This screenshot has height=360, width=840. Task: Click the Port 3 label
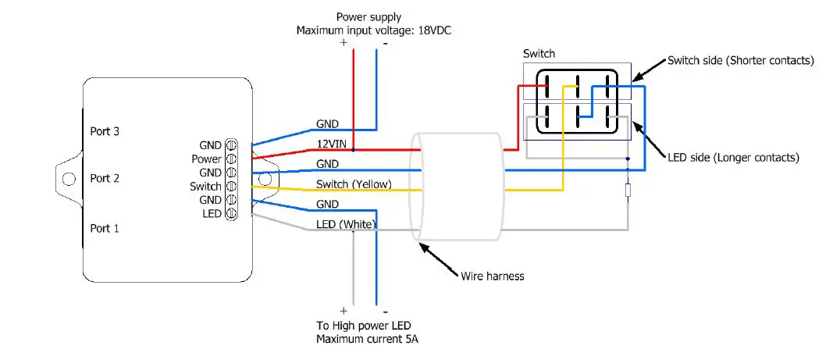coord(105,132)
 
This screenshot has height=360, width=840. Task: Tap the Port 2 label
coord(105,179)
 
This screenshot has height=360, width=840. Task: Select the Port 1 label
coord(105,228)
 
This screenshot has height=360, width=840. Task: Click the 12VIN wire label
coord(331,143)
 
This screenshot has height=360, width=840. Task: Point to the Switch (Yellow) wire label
coord(354,184)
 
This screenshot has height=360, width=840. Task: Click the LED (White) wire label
coord(347,224)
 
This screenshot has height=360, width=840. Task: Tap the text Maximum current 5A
coord(362,340)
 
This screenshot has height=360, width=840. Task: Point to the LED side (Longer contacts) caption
coord(733,157)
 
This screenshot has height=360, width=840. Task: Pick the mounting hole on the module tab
coord(69,179)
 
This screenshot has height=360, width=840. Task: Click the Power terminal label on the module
coord(207,159)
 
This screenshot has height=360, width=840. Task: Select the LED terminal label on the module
coord(212,214)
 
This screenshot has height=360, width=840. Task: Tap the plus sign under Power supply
coord(343,44)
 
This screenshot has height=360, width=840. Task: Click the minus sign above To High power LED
coord(385,311)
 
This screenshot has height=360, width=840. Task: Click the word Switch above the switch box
coord(539,54)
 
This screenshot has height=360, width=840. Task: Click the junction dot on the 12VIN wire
coord(354,148)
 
